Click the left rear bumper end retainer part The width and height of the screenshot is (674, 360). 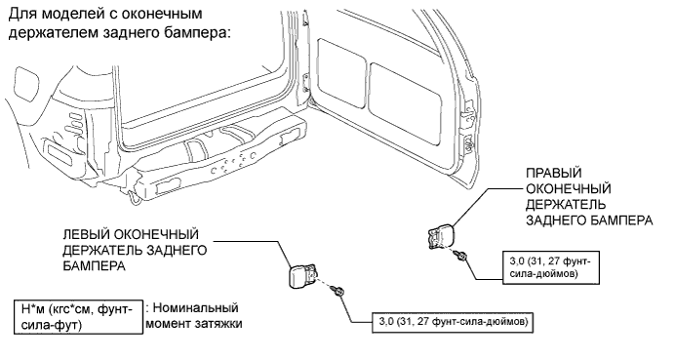[301, 274]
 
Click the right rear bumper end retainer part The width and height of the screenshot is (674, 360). [440, 237]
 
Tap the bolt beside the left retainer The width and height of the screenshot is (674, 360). [337, 291]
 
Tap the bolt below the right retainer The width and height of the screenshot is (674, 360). [462, 256]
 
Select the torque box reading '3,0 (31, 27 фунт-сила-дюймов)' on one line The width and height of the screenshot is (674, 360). [453, 322]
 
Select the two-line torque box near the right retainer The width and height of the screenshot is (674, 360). [551, 267]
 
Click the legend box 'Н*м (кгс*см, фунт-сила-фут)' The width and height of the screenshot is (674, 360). [78, 316]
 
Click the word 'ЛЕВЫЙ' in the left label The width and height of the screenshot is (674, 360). [86, 234]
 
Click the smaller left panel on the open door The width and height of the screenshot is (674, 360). [341, 73]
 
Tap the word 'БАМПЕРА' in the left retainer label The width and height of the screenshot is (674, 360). [95, 265]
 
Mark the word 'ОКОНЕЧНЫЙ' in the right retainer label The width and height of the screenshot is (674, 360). [569, 189]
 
